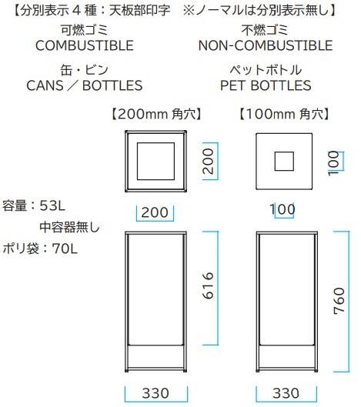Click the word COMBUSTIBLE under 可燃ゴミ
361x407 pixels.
(85, 45)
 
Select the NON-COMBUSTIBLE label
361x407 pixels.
(266, 45)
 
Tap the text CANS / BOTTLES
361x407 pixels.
(85, 85)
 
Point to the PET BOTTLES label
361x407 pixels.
(266, 85)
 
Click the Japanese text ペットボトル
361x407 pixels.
(266, 70)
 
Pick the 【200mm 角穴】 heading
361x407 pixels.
(156, 114)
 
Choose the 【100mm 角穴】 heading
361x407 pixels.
(284, 114)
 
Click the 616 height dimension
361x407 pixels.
(208, 285)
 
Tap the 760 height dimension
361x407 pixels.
(339, 301)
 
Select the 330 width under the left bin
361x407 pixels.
(155, 393)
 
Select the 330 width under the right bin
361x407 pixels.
(286, 393)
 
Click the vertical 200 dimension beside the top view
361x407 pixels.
(208, 161)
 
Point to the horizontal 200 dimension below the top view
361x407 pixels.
(155, 212)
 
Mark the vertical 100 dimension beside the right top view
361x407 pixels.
(334, 163)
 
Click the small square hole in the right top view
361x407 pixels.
(284, 162)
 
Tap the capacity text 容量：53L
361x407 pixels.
(34, 206)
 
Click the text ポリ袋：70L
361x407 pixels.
(40, 249)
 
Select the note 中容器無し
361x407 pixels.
(69, 228)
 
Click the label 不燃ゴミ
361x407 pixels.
(265, 30)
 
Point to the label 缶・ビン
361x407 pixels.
(85, 70)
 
